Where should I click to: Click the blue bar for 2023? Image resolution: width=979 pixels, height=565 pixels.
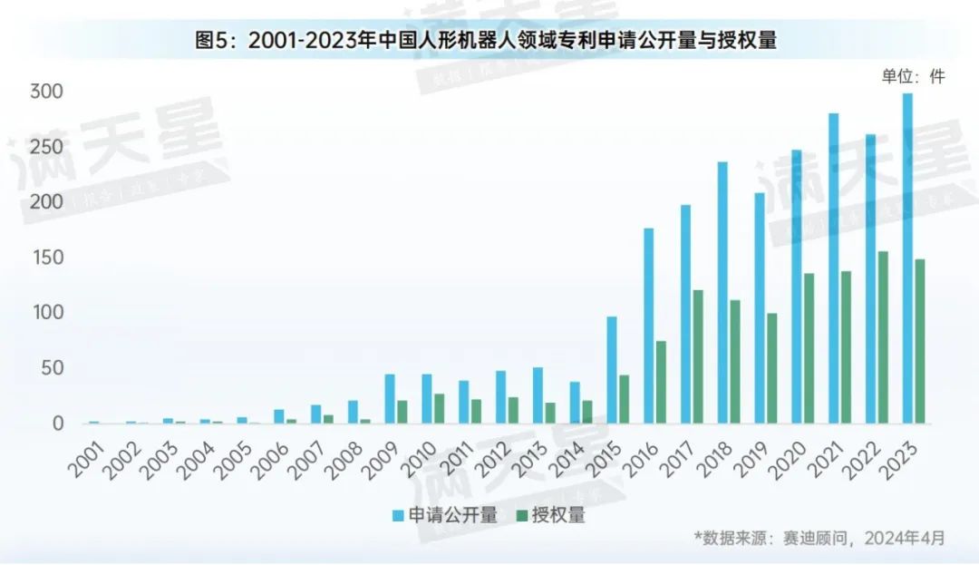907,258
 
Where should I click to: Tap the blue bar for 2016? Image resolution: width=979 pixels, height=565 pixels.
649,326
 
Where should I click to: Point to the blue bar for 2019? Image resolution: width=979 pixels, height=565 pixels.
760,308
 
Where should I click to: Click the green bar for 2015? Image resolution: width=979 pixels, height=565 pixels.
624,399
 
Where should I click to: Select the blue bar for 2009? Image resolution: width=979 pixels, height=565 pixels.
390,399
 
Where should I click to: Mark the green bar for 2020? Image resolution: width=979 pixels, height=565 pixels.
809,348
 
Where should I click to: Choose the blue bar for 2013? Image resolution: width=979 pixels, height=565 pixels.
538,395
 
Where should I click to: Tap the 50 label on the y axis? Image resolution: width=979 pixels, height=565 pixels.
53,368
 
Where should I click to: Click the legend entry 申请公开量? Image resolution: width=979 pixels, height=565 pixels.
445,515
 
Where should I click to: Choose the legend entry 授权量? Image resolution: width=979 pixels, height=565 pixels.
550,515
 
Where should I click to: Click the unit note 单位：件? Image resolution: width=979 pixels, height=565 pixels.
913,77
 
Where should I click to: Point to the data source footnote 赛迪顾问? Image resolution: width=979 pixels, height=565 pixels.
820,538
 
